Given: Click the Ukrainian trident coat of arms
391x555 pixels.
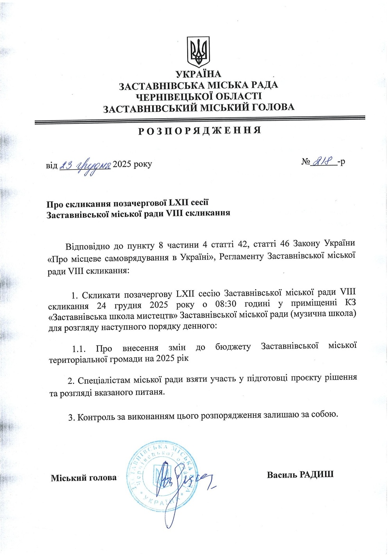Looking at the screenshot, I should (199, 52).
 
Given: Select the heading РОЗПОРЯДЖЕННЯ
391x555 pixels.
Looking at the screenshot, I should (199, 130).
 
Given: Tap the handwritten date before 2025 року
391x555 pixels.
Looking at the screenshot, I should (86, 165).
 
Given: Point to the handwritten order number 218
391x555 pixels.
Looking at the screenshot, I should (323, 160).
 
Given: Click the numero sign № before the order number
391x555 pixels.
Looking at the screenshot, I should (305, 162).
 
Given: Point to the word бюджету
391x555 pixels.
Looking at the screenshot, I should (233, 347).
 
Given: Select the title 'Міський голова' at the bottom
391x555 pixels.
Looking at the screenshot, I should (84, 478).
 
